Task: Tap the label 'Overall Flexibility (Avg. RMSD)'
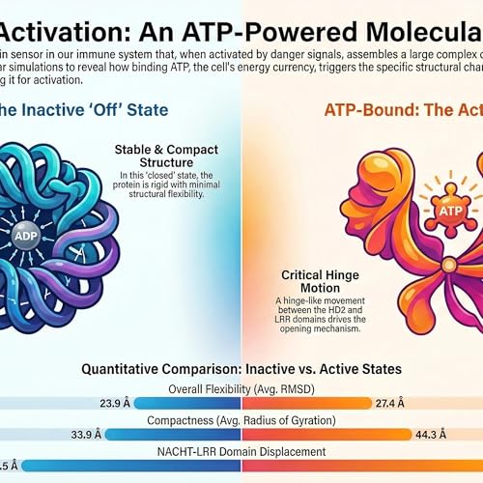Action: (x=241, y=388)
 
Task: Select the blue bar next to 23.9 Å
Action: (x=193, y=403)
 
